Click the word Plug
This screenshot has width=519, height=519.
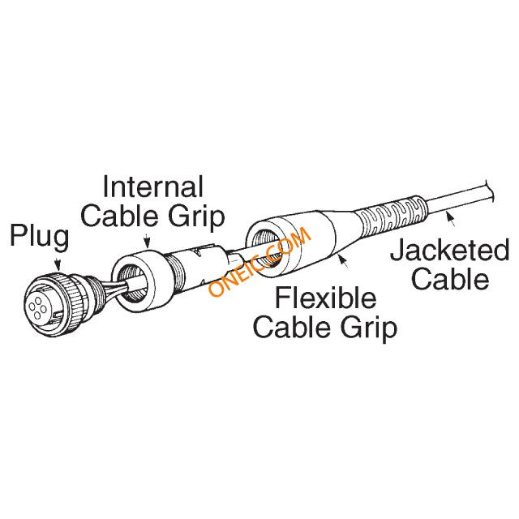click(40, 237)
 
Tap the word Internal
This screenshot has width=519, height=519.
click(153, 187)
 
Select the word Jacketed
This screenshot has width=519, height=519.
click(450, 251)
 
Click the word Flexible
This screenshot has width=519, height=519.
click(326, 298)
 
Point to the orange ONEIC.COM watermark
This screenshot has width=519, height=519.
click(259, 261)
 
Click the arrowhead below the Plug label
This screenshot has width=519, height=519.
click(58, 265)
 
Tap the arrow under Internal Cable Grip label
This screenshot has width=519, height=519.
click(147, 241)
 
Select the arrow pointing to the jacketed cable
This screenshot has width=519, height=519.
click(451, 219)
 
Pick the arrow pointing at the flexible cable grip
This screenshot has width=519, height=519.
click(343, 260)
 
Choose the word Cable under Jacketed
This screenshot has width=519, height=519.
click(450, 279)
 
